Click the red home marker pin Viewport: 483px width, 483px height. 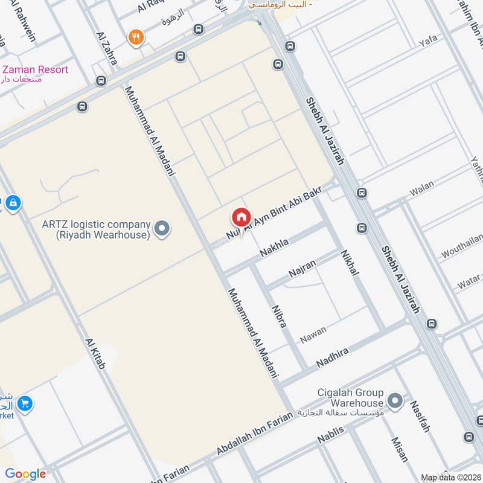[x=240, y=217]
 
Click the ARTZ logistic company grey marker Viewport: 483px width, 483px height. [x=162, y=229]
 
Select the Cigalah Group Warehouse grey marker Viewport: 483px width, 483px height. [x=395, y=400]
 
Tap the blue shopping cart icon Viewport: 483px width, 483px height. [x=25, y=403]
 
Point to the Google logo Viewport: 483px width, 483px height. [x=25, y=474]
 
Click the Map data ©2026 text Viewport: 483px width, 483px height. [x=450, y=476]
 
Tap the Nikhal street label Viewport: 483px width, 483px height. [x=349, y=263]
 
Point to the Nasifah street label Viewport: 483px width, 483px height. [x=420, y=417]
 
